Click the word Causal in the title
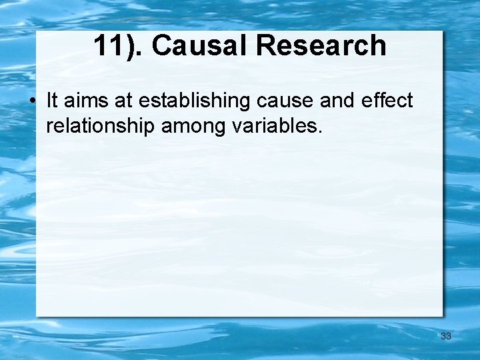(x=200, y=45)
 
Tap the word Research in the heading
(x=321, y=45)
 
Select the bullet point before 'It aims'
(x=32, y=102)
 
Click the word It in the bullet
(x=52, y=101)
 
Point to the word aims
(x=82, y=101)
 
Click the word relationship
(x=101, y=125)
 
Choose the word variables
(x=273, y=125)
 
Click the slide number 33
(x=446, y=336)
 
